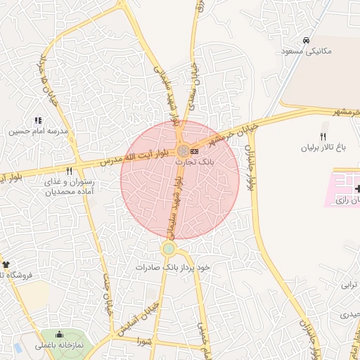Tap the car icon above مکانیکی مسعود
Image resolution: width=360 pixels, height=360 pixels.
point(306,40)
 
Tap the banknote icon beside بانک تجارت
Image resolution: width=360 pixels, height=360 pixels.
point(194,151)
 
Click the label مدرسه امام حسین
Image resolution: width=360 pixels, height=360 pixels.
point(38,131)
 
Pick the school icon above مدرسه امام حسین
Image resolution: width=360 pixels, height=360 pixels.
point(38,120)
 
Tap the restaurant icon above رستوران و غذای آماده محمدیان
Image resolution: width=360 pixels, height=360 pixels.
point(69,170)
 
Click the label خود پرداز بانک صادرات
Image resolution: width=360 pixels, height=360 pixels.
point(174,268)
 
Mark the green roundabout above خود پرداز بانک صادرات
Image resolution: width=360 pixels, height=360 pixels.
point(169,248)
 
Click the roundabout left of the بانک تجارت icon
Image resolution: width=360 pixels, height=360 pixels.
point(183,151)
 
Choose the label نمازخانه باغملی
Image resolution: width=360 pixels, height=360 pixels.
point(59,346)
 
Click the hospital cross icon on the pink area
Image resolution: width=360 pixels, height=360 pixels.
point(358,189)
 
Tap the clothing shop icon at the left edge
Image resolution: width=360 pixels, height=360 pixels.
point(6,264)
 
